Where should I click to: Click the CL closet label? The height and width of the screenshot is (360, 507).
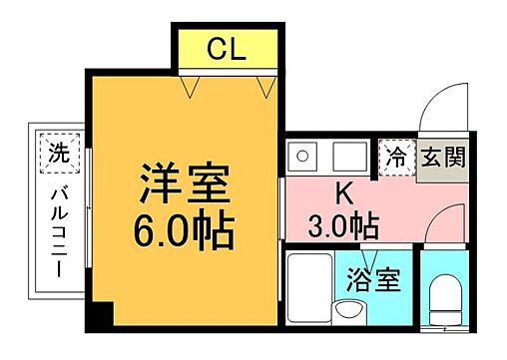point(227,48)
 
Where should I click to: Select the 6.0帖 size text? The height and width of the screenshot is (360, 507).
point(185,231)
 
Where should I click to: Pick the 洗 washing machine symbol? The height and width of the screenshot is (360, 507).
point(58,155)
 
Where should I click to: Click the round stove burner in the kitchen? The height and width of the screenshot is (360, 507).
point(298,157)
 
